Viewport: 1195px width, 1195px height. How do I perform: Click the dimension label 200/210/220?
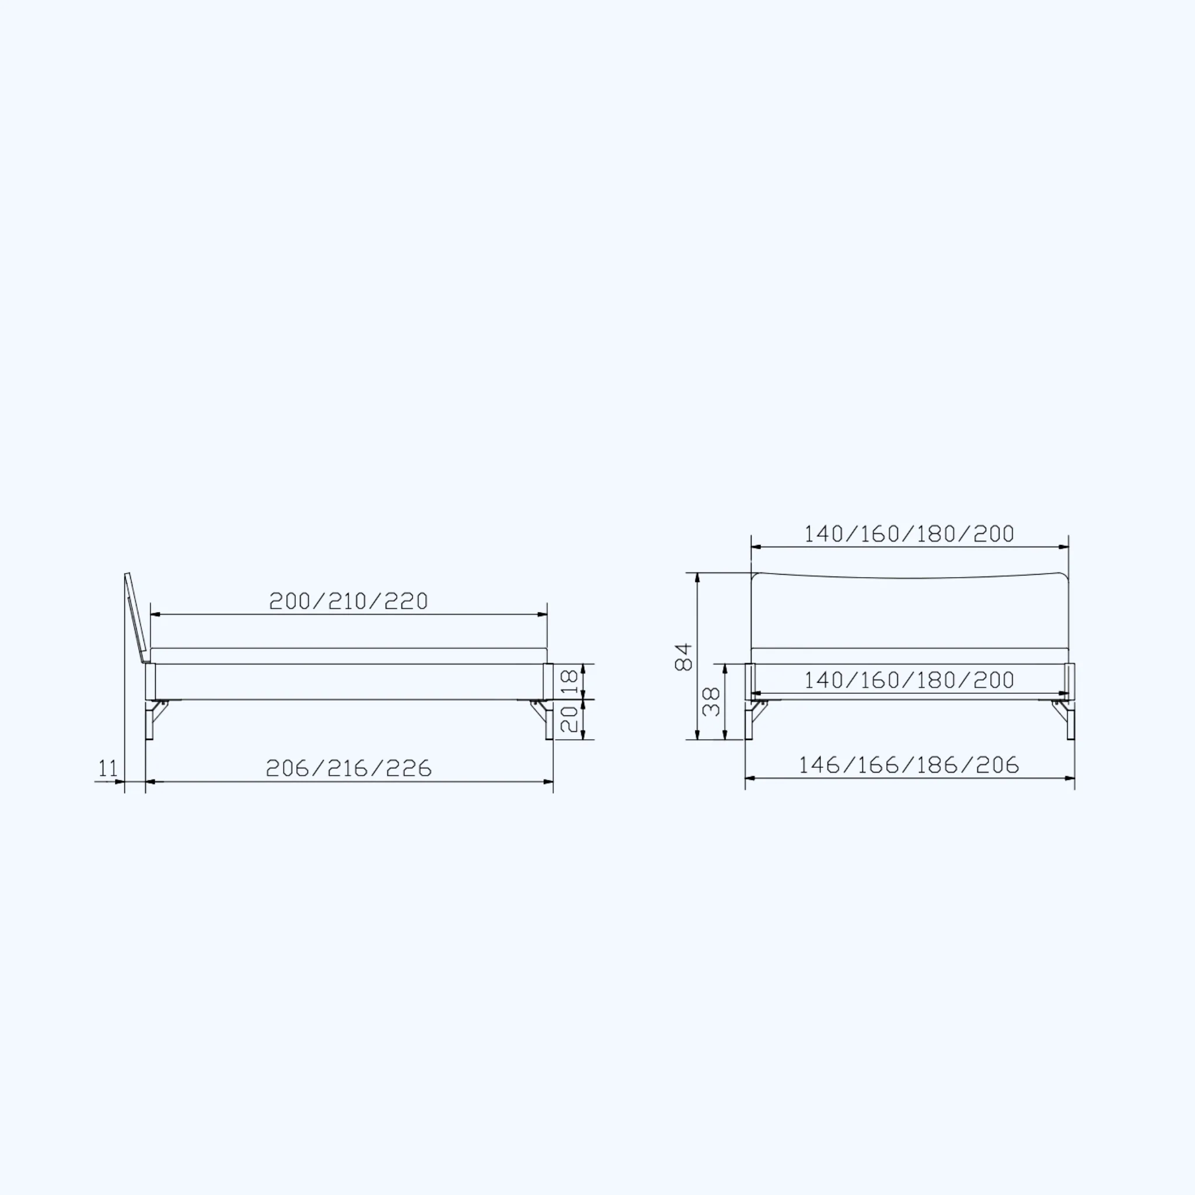click(348, 601)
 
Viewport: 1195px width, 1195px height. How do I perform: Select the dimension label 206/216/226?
click(348, 768)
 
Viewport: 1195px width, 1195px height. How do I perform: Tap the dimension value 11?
click(107, 768)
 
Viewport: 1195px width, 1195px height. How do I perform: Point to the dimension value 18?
click(569, 681)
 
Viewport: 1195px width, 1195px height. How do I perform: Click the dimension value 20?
click(569, 719)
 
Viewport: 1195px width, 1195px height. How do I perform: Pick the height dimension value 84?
click(683, 657)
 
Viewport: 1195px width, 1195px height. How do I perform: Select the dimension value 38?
click(711, 701)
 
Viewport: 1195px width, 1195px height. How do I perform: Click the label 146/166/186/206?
click(909, 765)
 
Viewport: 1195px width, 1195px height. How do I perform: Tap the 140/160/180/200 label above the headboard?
click(909, 534)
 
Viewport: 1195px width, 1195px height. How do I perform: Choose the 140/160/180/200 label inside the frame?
click(909, 680)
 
